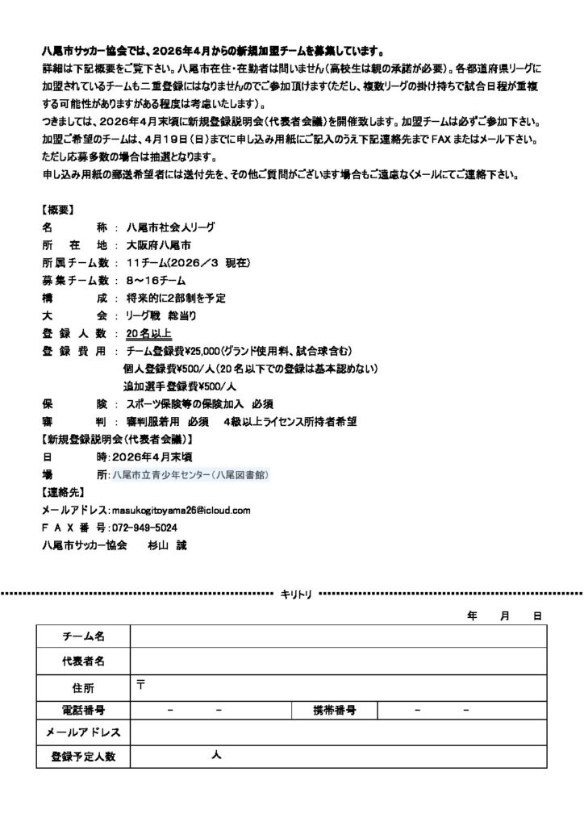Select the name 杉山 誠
(x=165, y=544)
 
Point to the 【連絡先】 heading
(x=64, y=492)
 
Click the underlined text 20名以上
(x=148, y=333)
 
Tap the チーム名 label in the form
(x=84, y=636)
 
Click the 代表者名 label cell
(x=84, y=661)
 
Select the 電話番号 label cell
(x=84, y=711)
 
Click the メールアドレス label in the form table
(x=84, y=732)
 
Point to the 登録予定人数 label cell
(x=84, y=757)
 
